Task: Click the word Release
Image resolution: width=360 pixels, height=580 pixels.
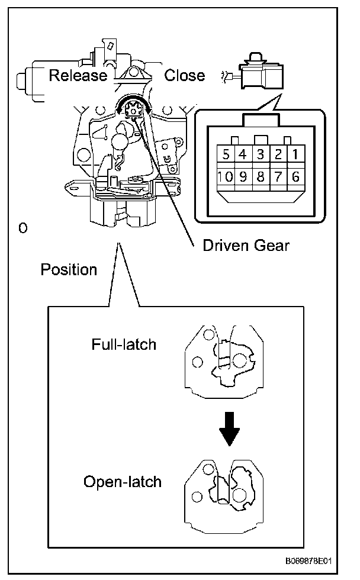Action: coord(78,75)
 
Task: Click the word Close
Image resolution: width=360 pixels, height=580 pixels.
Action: coord(185,75)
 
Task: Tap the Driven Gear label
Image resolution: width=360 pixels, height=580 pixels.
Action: coord(246,244)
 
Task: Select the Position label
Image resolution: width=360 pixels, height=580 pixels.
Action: coord(69,270)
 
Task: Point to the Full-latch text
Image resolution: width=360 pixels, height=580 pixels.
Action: coord(124,344)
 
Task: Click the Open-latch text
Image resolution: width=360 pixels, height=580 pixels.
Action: coord(123,481)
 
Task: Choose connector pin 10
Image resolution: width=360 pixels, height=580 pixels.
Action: coord(224,176)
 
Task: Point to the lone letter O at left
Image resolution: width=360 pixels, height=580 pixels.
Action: coord(23,228)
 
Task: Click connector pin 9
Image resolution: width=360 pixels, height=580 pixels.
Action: coord(243,176)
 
